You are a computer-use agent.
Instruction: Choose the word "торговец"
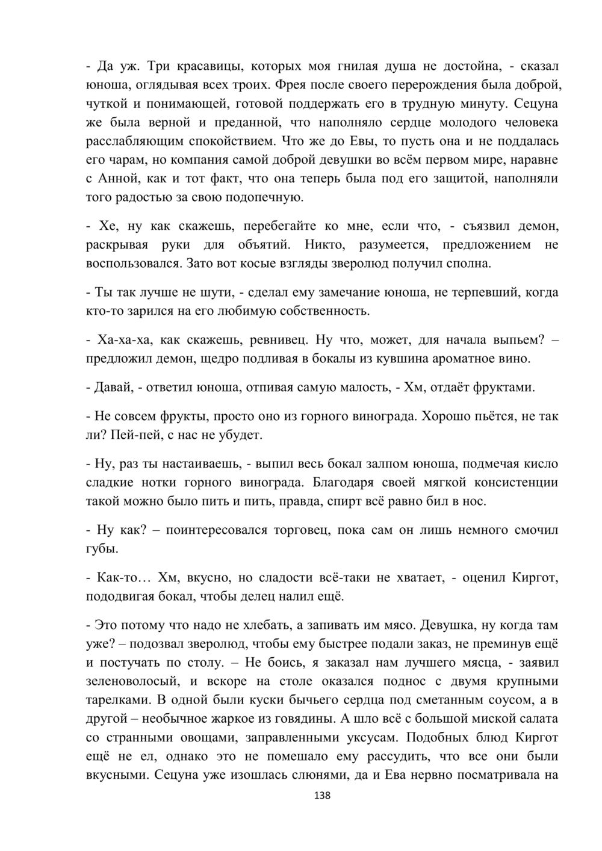point(291,530)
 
